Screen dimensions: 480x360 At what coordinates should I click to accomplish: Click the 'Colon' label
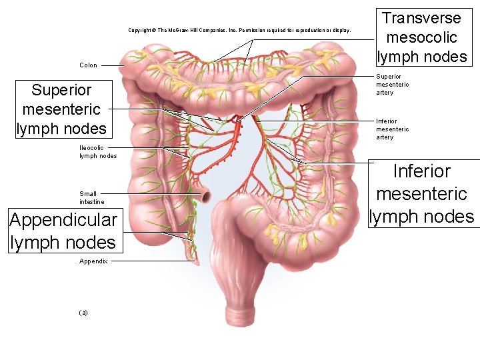(x=88, y=65)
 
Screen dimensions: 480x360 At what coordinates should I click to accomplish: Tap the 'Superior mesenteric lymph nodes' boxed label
(x=61, y=109)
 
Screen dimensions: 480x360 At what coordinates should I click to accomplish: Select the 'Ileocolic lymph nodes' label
(x=97, y=151)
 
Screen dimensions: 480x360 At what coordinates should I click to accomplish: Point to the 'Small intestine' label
(x=92, y=197)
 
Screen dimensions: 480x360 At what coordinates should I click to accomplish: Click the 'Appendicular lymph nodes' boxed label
(x=63, y=231)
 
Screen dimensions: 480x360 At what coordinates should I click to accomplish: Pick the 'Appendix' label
(x=93, y=261)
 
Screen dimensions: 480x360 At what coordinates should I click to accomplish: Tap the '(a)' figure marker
(x=83, y=312)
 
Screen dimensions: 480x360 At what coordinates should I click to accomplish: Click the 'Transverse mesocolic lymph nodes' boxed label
(x=421, y=37)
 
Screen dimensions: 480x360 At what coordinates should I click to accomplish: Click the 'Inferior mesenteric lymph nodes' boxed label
(x=421, y=194)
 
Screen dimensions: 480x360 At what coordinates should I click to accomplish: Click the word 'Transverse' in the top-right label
(x=421, y=18)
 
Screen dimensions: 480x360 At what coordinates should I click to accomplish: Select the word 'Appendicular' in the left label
(x=63, y=219)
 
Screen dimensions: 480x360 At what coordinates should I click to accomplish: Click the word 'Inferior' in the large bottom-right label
(x=422, y=171)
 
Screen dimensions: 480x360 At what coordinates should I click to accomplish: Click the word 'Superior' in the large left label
(x=61, y=90)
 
